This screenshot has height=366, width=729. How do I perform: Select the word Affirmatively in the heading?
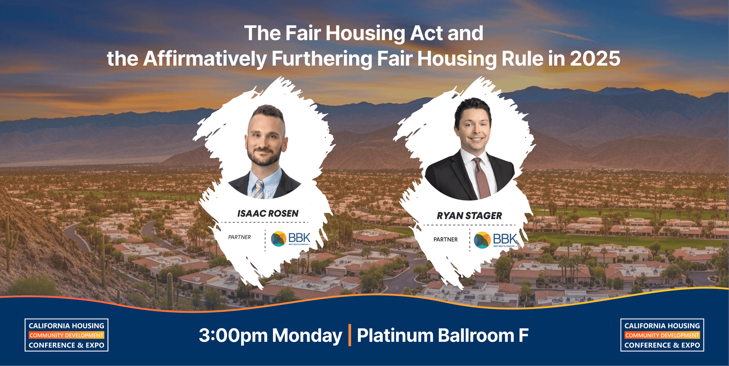coord(205,59)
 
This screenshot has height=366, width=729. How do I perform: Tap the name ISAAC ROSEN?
coord(268,213)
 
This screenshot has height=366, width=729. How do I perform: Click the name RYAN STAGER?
coord(469,216)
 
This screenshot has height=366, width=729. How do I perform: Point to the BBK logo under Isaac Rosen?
coord(291,238)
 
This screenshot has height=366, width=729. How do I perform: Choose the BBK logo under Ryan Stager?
coord(495,240)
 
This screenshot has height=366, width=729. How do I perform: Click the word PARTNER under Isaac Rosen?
coord(240,237)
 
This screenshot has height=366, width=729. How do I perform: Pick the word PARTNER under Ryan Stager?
coord(445,239)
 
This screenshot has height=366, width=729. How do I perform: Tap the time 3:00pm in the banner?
coord(233,336)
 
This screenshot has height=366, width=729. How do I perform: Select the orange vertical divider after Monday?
coord(349,335)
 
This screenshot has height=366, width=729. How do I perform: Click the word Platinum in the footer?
coord(395,336)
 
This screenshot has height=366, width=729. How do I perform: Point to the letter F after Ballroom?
coord(524,336)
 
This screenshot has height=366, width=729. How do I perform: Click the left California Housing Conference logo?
coord(67,335)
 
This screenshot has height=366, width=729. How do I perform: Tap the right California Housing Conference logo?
coord(662,335)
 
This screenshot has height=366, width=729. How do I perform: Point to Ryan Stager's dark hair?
coord(472,107)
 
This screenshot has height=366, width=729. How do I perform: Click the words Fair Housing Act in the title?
coord(364,33)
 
